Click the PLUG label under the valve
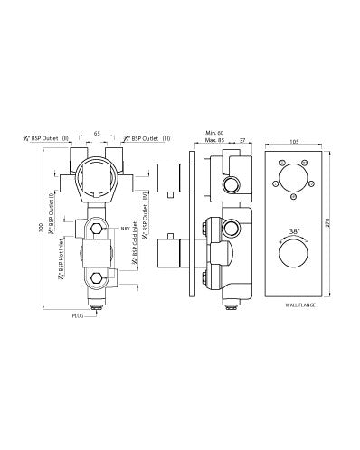(81, 318)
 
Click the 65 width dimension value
(98, 132)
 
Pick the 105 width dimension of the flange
(294, 141)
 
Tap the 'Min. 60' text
(213, 132)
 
